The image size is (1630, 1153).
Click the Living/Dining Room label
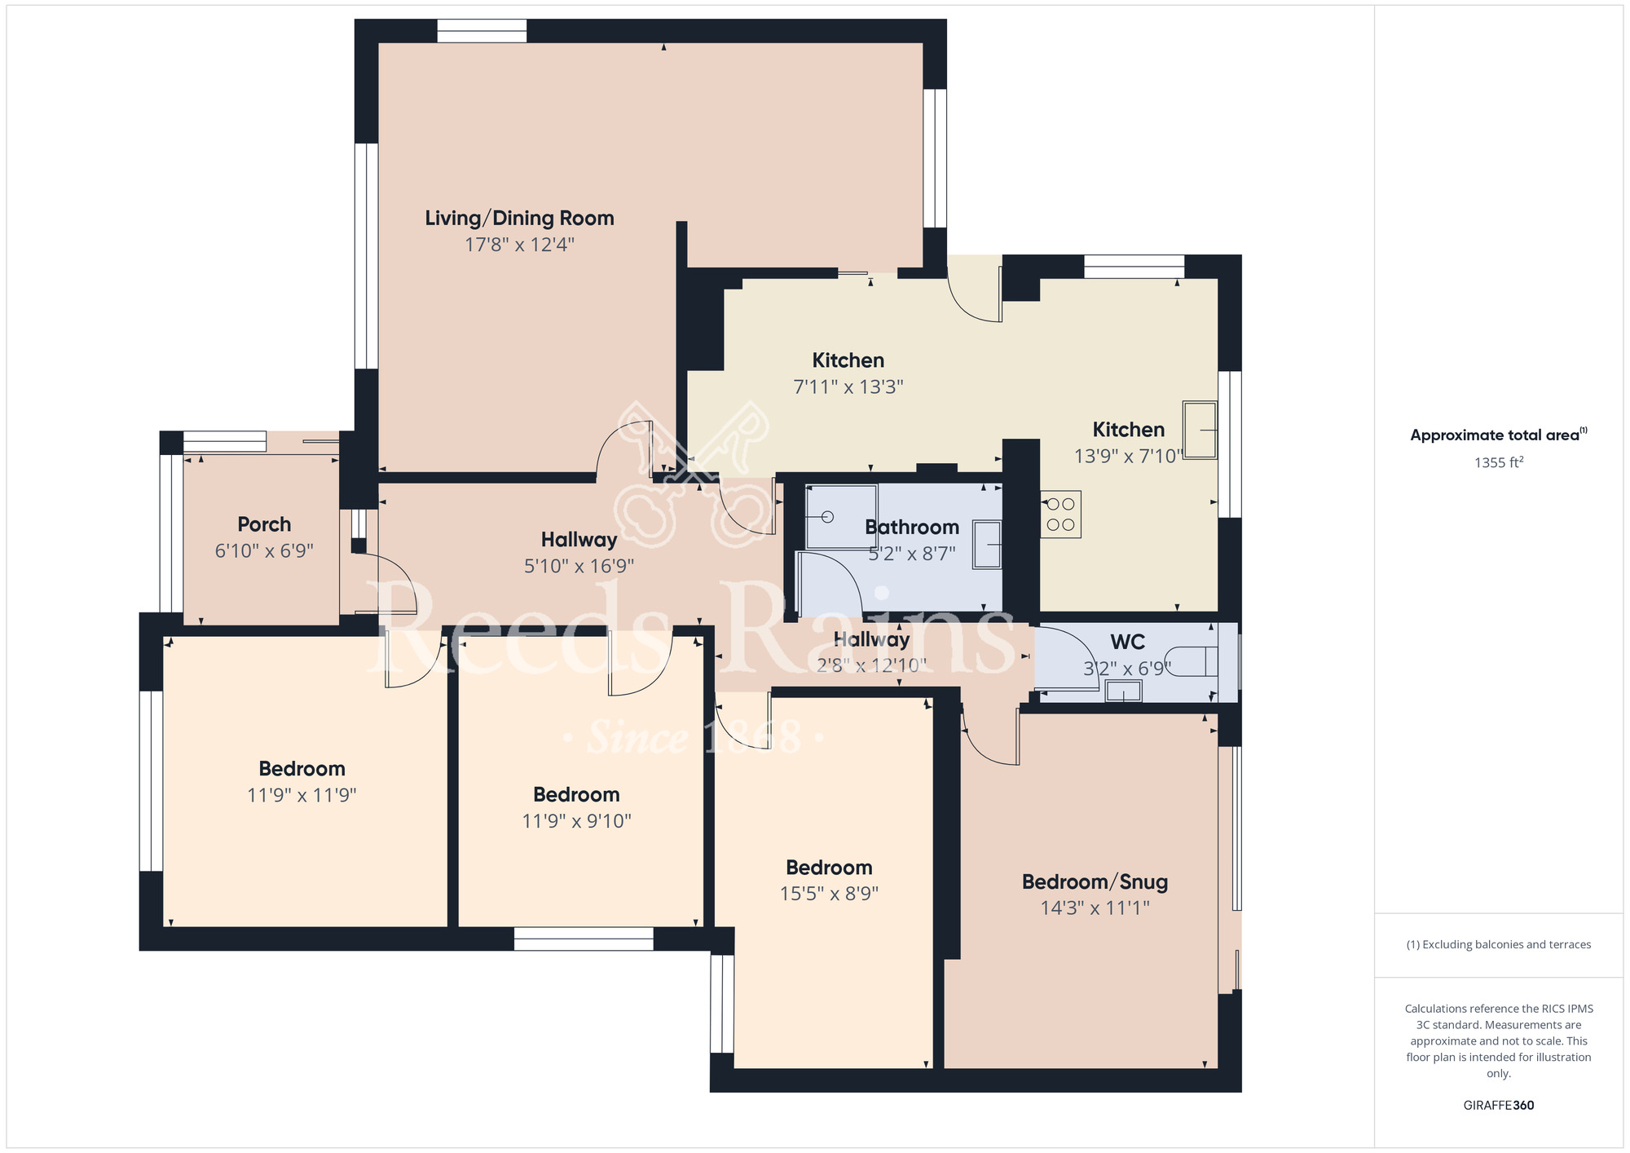tap(519, 219)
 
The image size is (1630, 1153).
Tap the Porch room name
tap(264, 524)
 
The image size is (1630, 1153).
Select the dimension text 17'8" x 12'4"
tap(519, 245)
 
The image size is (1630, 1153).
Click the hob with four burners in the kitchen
tap(1060, 515)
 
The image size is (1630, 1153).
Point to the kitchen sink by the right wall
tap(1200, 430)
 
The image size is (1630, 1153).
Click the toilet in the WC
tap(1192, 661)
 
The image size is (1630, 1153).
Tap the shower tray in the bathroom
tap(842, 517)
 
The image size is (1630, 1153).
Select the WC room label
tap(1127, 642)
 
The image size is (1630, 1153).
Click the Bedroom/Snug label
tap(1095, 882)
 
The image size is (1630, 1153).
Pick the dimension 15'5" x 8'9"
tap(829, 894)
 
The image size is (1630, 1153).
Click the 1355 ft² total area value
tap(1499, 462)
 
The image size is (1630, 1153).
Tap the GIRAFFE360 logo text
tap(1499, 1106)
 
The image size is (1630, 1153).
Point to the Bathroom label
tap(911, 528)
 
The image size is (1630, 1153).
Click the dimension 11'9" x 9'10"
tap(576, 821)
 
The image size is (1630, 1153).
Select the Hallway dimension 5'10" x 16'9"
tap(579, 566)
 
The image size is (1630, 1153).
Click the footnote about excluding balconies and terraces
tap(1499, 944)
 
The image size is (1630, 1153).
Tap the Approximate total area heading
tap(1499, 435)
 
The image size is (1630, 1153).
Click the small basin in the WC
tap(1123, 691)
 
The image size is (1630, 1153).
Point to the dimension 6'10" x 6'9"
tap(264, 551)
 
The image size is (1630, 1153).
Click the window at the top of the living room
tap(482, 31)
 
